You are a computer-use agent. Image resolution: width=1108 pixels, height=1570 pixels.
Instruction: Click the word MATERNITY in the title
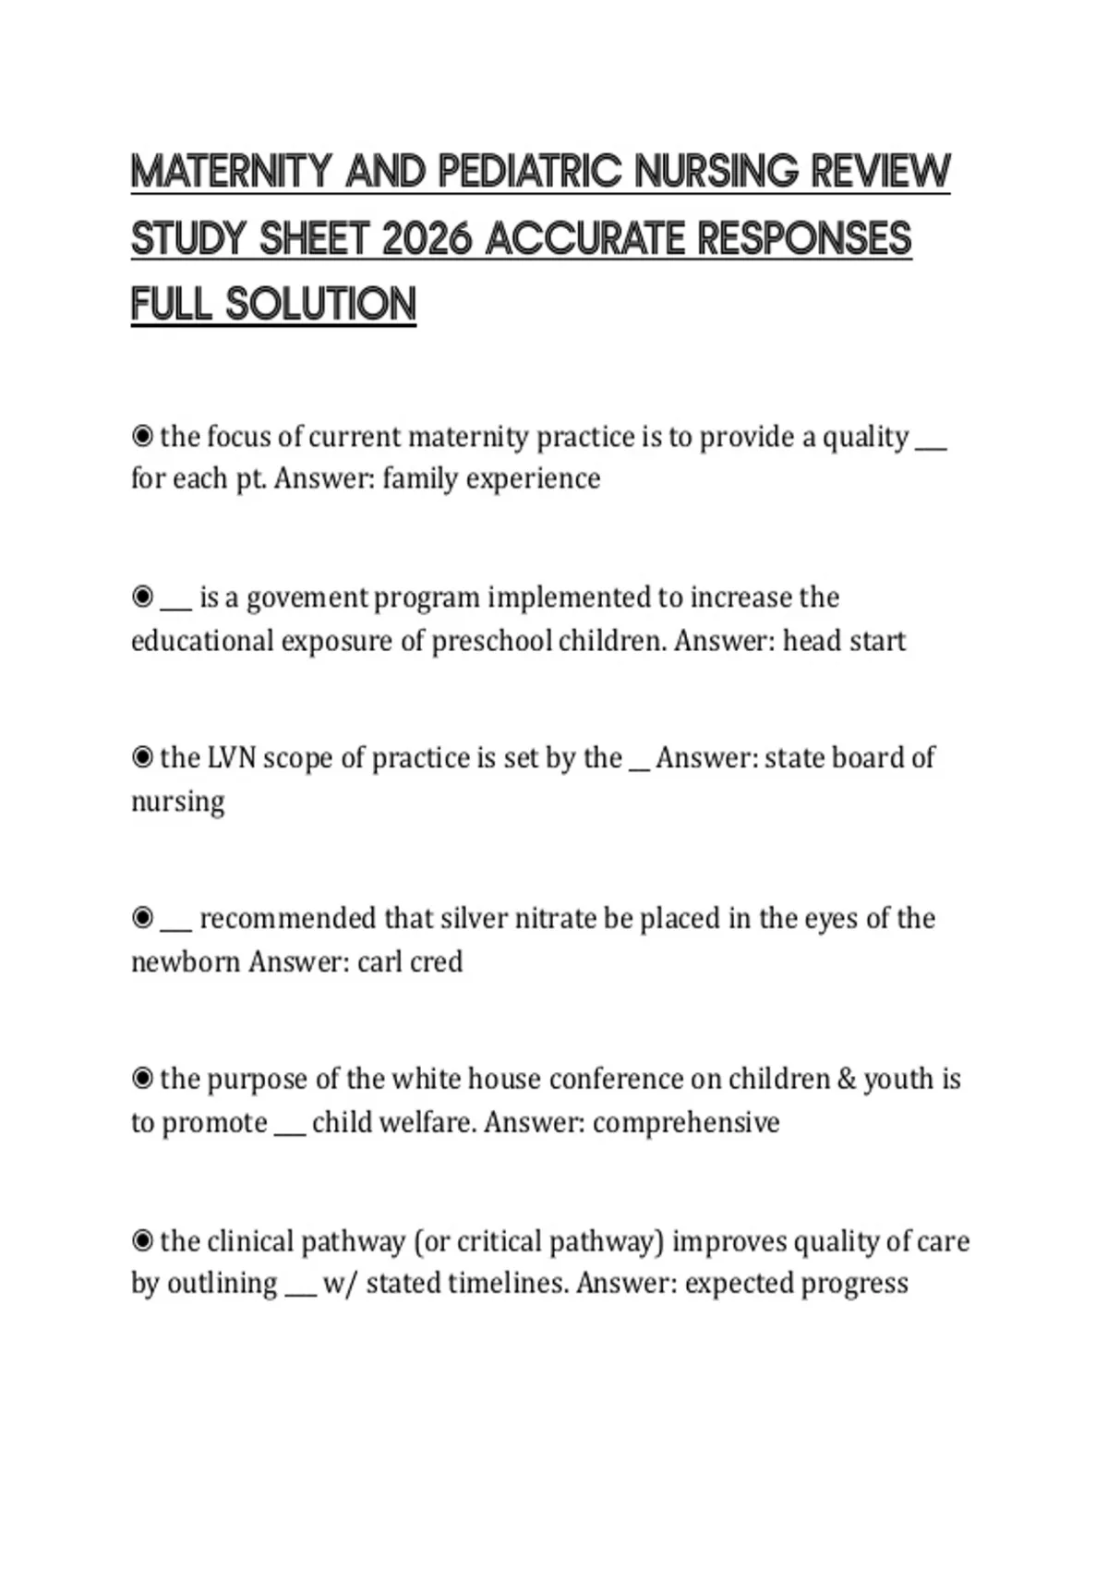[231, 172]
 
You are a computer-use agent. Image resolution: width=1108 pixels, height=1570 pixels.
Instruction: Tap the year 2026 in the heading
[426, 239]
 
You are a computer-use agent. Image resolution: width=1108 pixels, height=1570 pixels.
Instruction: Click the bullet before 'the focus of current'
[142, 435]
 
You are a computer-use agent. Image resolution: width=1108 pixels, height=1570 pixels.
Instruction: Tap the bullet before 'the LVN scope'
[142, 757]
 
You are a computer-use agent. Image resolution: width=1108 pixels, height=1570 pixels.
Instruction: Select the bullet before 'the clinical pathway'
[142, 1240]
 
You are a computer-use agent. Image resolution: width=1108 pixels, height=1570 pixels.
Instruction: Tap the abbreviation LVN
[231, 757]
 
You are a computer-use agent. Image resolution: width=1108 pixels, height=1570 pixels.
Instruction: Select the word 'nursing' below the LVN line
[177, 801]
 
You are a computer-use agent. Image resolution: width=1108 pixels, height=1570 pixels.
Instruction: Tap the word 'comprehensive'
[686, 1122]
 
